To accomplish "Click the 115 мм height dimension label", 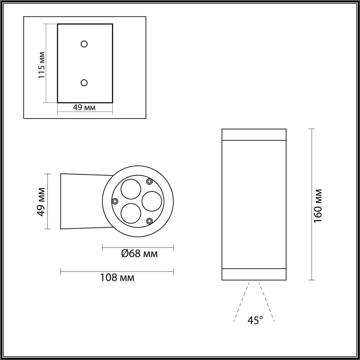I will (42, 65).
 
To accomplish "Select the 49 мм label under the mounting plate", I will (84, 107).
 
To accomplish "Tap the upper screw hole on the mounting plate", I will (84, 44).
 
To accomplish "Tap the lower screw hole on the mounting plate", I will (84, 82).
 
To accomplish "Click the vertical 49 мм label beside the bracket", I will (41, 201).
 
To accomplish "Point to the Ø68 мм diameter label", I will (139, 254).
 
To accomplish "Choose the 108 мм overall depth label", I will (117, 278).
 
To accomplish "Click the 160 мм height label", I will (318, 206).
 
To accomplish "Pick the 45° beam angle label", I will (255, 320).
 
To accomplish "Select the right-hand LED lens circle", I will (152, 201).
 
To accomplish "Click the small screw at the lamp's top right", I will (150, 181).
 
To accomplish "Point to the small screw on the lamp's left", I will (115, 201).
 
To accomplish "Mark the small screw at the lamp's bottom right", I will (150, 221).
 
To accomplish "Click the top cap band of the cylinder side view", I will (254, 134).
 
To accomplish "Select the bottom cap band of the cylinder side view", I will (254, 274).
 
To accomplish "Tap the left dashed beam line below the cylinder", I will (241, 301).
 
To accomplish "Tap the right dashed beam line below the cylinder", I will (267, 301).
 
